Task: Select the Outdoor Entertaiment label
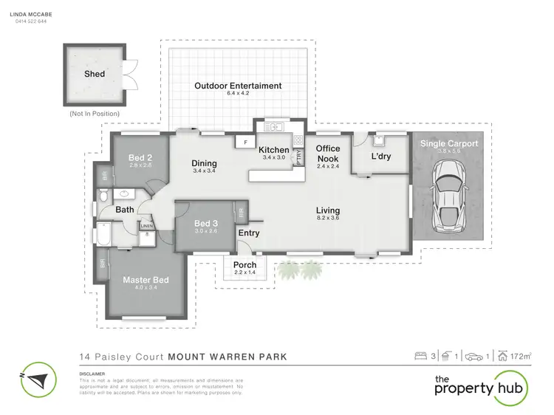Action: pos(238,86)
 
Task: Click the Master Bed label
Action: pos(141,279)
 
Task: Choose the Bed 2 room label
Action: pos(140,157)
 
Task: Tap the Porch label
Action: pos(244,265)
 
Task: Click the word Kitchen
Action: pos(273,150)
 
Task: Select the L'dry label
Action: pos(380,158)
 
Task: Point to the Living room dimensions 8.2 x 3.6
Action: pos(328,219)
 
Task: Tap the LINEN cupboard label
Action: pos(146,225)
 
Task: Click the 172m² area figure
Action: pos(522,357)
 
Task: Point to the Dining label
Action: pos(203,163)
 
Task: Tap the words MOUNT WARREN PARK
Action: pos(228,357)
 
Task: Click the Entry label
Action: pos(248,233)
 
